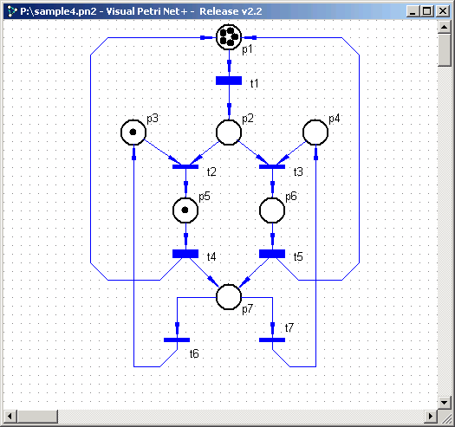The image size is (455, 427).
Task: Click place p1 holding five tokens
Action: (x=229, y=37)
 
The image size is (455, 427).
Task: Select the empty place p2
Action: (x=229, y=133)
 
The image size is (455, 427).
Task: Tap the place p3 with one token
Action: (x=133, y=133)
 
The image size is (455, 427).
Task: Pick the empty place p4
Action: (x=315, y=133)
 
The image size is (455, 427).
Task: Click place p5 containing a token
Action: (x=185, y=210)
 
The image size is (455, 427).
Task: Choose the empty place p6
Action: (x=272, y=210)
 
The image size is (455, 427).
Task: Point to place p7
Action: (x=229, y=297)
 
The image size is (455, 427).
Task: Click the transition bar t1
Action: (x=229, y=81)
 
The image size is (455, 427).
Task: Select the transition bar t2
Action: (x=185, y=167)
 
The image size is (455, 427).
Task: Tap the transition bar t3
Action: (x=272, y=167)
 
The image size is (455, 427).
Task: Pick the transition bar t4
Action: (x=185, y=254)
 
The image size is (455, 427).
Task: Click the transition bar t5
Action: (x=272, y=254)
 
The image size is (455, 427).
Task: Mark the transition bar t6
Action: (x=177, y=340)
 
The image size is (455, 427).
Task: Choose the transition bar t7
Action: (x=272, y=340)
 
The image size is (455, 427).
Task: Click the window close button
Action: (x=443, y=11)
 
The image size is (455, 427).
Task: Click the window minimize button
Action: (x=413, y=11)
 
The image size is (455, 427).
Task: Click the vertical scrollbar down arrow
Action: (x=445, y=403)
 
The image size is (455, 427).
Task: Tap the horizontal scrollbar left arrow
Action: (x=10, y=417)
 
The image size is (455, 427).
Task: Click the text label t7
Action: (x=289, y=327)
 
